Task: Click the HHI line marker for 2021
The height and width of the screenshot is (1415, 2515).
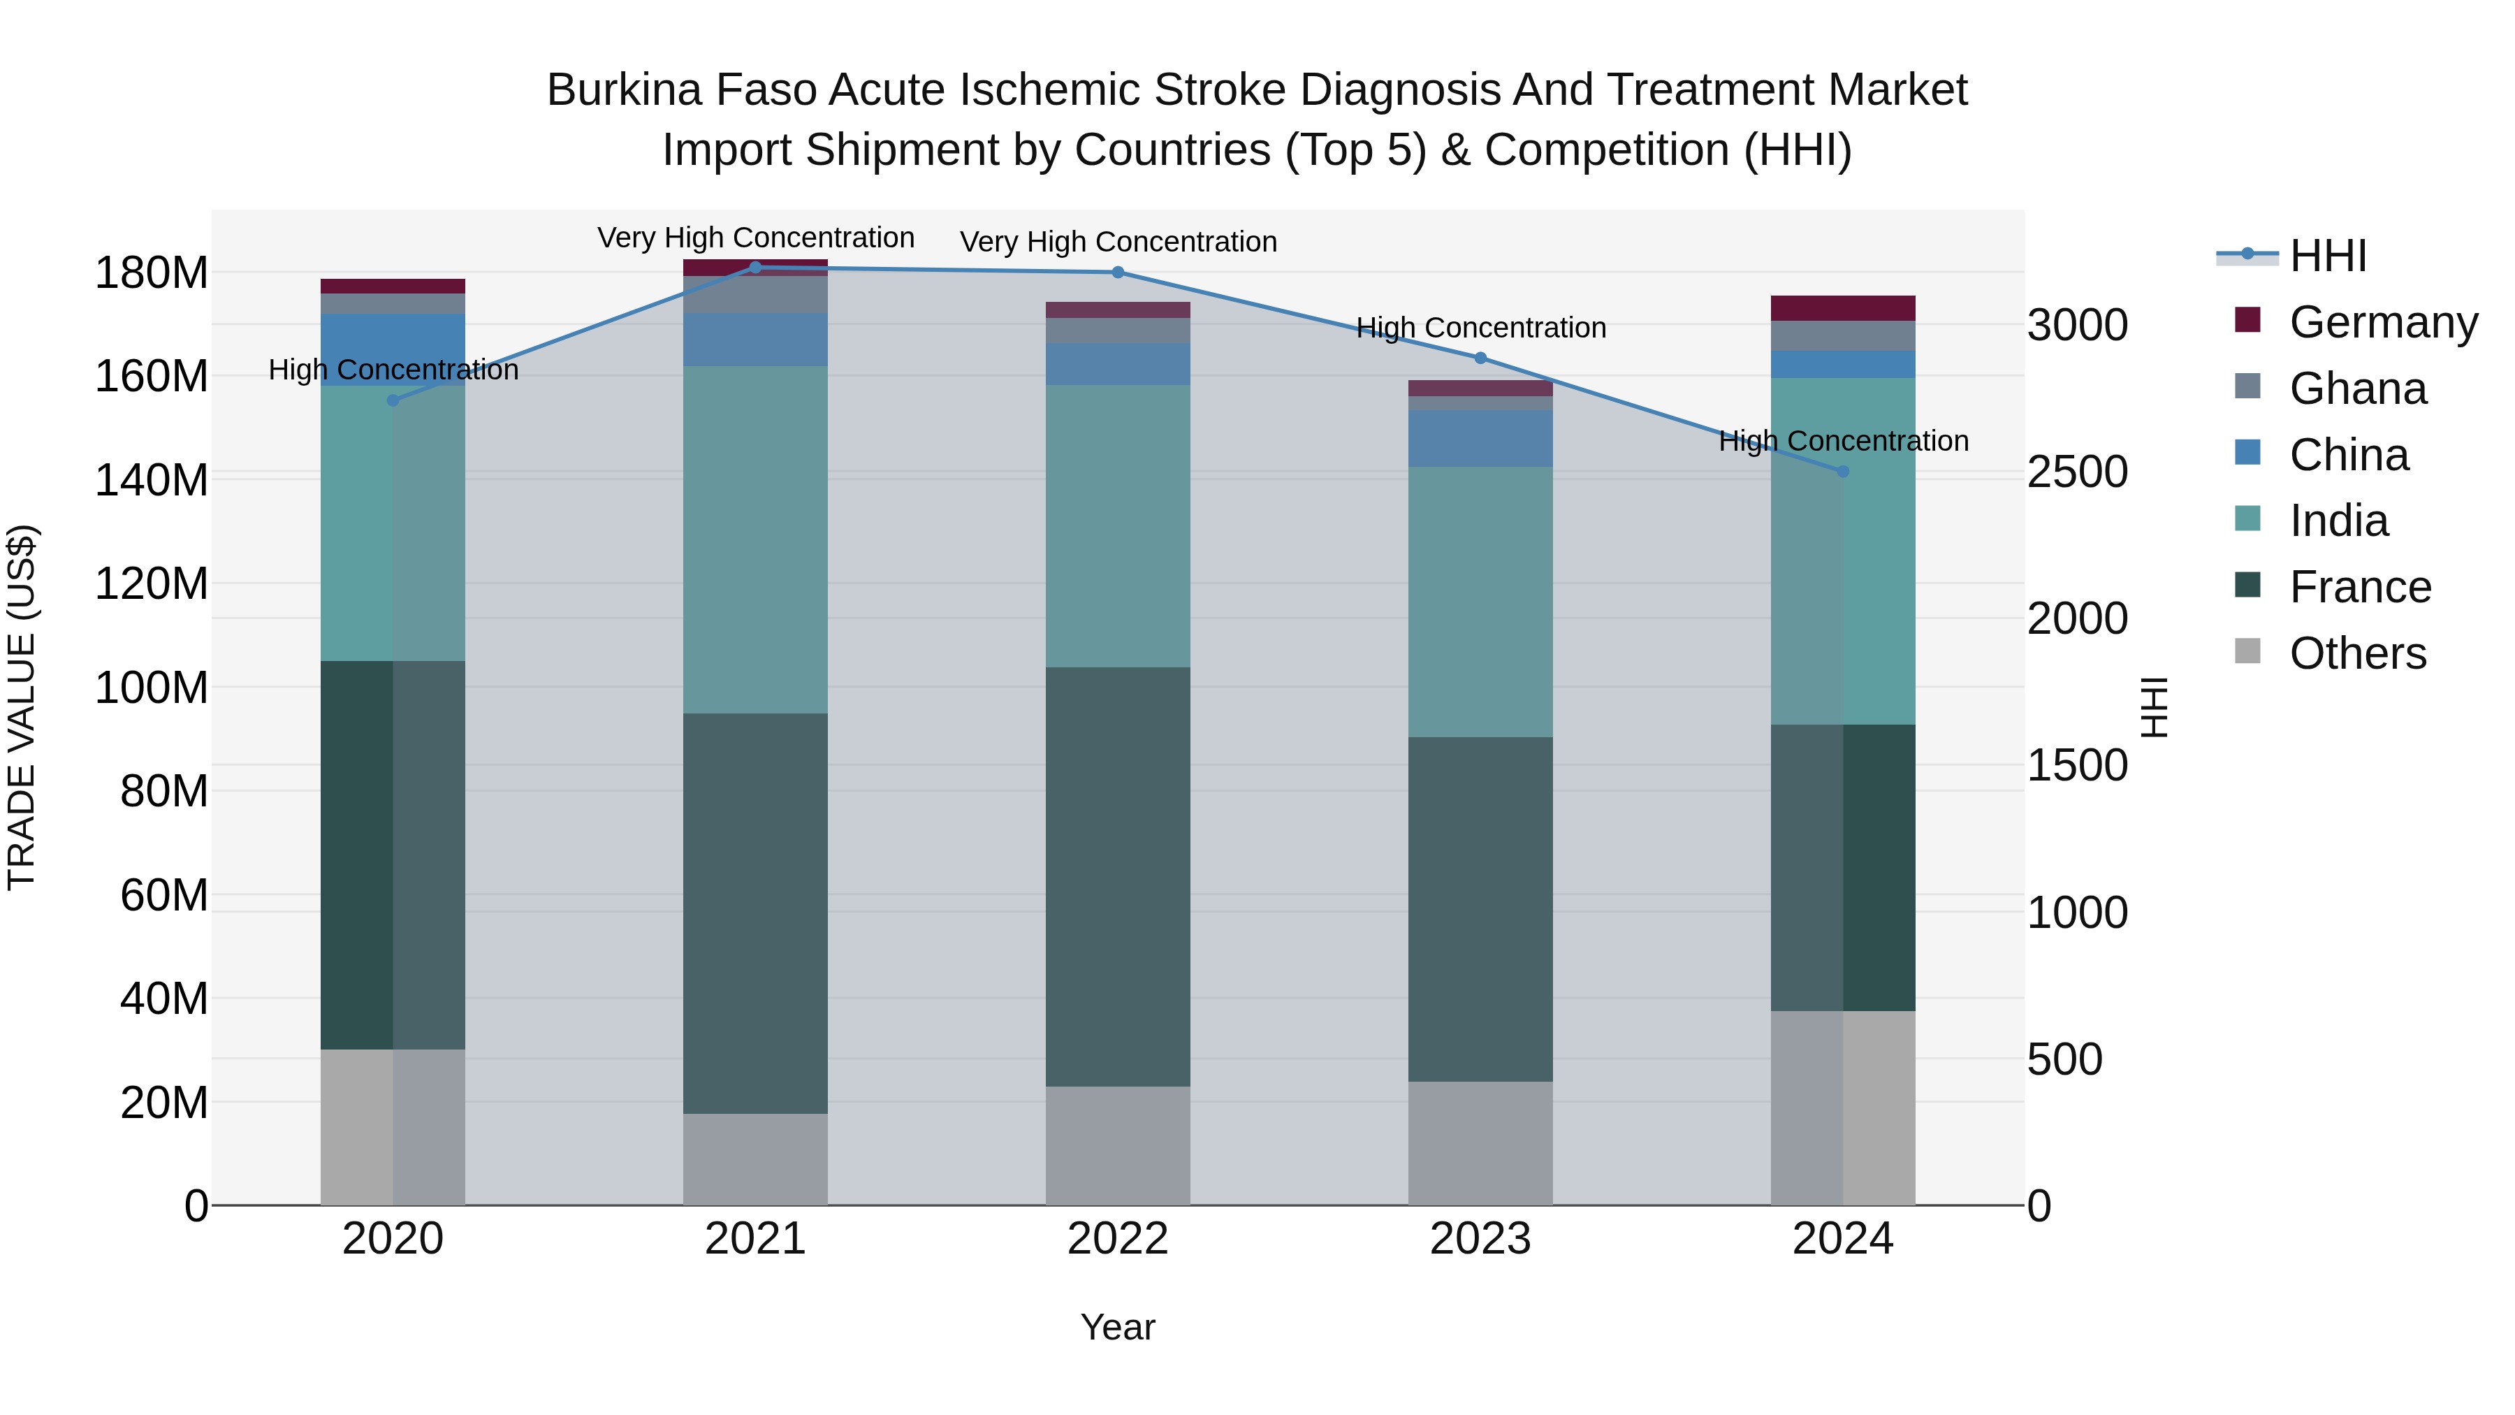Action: pos(754,268)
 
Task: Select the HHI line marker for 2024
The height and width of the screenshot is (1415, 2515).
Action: pos(1842,472)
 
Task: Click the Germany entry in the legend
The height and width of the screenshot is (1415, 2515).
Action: pos(2382,322)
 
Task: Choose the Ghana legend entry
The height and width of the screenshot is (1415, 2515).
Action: pos(2357,389)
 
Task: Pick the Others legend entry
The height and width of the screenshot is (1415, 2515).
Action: pos(2357,653)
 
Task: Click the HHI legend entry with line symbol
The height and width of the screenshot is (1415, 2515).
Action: pos(2328,256)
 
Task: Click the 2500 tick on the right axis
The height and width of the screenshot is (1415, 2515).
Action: pos(2077,472)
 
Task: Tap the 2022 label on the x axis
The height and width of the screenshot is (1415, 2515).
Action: pos(1117,1239)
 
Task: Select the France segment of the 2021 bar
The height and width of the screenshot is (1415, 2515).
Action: pos(754,913)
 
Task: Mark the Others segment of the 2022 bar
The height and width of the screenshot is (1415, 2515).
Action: pos(1117,1145)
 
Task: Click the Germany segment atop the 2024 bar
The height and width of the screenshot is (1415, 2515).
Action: pos(1842,307)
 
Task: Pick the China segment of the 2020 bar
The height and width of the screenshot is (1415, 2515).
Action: pos(393,349)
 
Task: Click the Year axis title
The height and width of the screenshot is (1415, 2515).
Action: pos(1117,1327)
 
